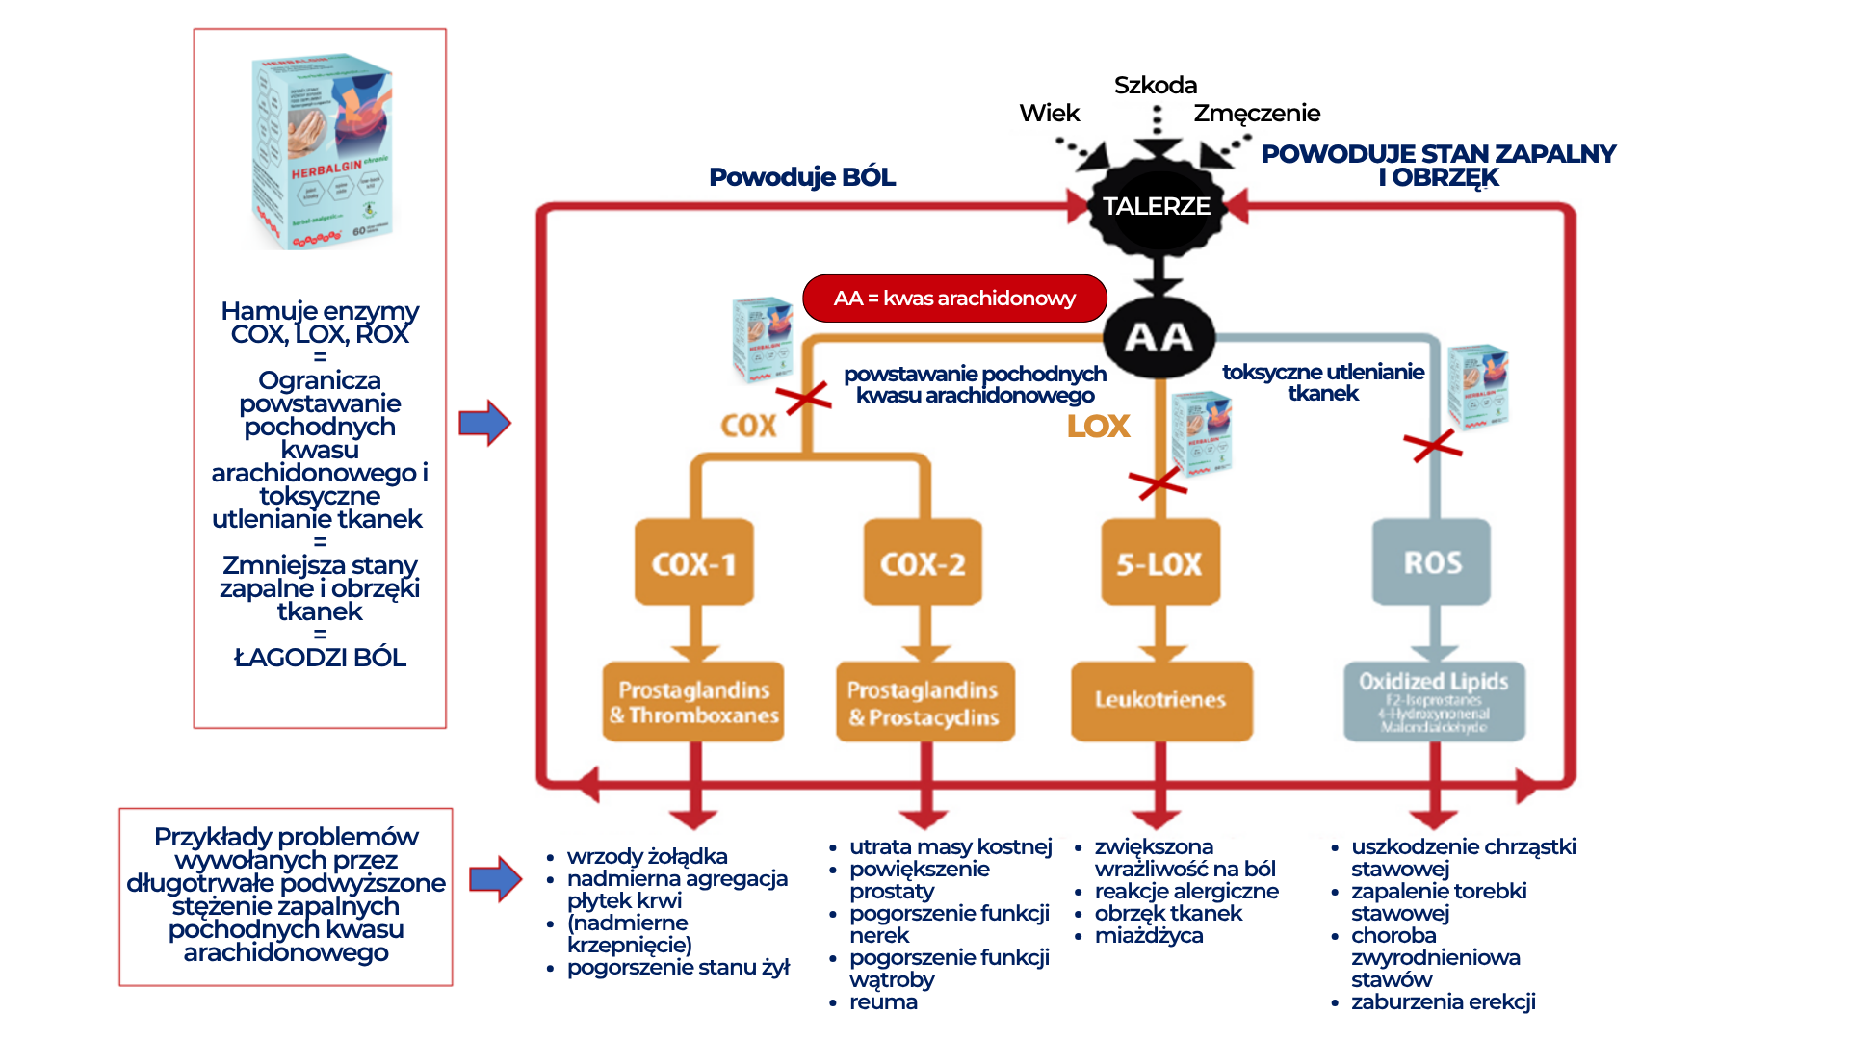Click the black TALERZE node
1157,206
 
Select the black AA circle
1159,337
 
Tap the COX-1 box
693,563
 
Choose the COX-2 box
923,563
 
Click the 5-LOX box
1159,563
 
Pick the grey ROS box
1432,562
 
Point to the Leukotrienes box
1160,700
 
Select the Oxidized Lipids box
1434,701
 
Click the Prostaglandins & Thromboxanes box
693,702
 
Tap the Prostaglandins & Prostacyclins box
924,702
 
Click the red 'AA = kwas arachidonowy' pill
954,299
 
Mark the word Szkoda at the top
1156,86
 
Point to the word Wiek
1050,114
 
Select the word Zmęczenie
1257,114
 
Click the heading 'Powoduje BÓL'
802,177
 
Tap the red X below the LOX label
1158,482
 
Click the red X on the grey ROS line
1433,445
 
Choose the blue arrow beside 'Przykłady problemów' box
495,878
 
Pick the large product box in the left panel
322,152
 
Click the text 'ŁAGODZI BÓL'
320,658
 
